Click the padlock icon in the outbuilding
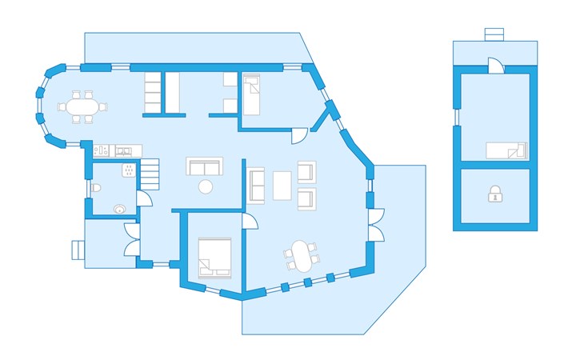[x=495, y=194]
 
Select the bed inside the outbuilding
[x=506, y=150]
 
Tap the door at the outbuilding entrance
[x=495, y=66]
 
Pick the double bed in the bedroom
[x=214, y=257]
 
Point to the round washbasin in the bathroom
[x=120, y=208]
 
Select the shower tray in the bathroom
[x=127, y=170]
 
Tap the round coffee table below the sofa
[x=206, y=187]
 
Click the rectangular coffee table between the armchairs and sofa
[x=282, y=185]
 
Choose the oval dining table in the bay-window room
[x=81, y=106]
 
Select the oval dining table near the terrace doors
[x=301, y=256]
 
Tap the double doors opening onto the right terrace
[x=374, y=224]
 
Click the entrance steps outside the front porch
[x=78, y=250]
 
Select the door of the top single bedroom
[x=298, y=134]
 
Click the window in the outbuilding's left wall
[x=457, y=117]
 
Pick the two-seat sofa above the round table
[x=204, y=166]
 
